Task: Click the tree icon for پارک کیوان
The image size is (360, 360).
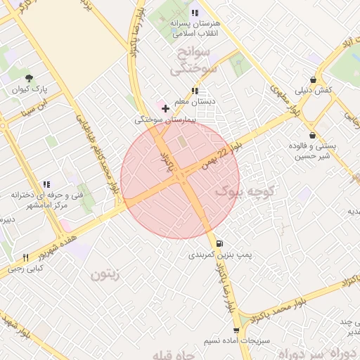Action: point(28,78)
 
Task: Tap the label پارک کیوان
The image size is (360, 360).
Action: point(28,89)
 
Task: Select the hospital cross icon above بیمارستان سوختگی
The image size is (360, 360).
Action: point(165,108)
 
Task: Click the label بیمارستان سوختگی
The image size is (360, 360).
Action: point(164,120)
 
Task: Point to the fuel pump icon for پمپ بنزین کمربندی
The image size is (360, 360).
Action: point(220,243)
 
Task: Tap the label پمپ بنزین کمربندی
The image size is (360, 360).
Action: point(218,255)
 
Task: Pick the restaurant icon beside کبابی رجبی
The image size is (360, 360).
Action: point(26,257)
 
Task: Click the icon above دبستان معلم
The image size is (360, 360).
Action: point(195,91)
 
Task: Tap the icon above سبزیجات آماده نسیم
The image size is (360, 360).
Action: point(235,329)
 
